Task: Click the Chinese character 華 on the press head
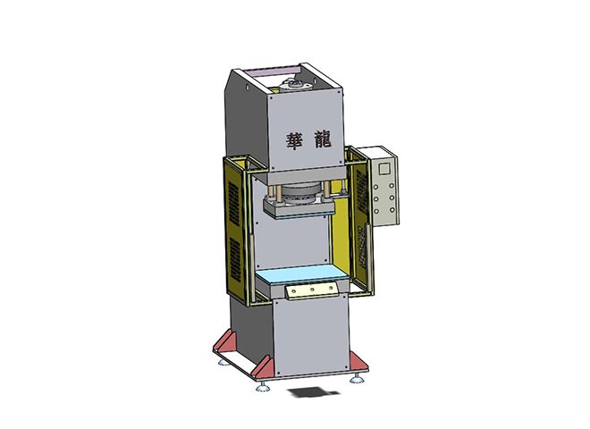295,140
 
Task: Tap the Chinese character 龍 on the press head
322,139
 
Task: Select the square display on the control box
384,169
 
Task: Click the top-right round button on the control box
392,186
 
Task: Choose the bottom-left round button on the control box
376,211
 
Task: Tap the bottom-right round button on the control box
392,210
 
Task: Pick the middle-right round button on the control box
392,198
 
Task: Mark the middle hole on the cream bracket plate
312,290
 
